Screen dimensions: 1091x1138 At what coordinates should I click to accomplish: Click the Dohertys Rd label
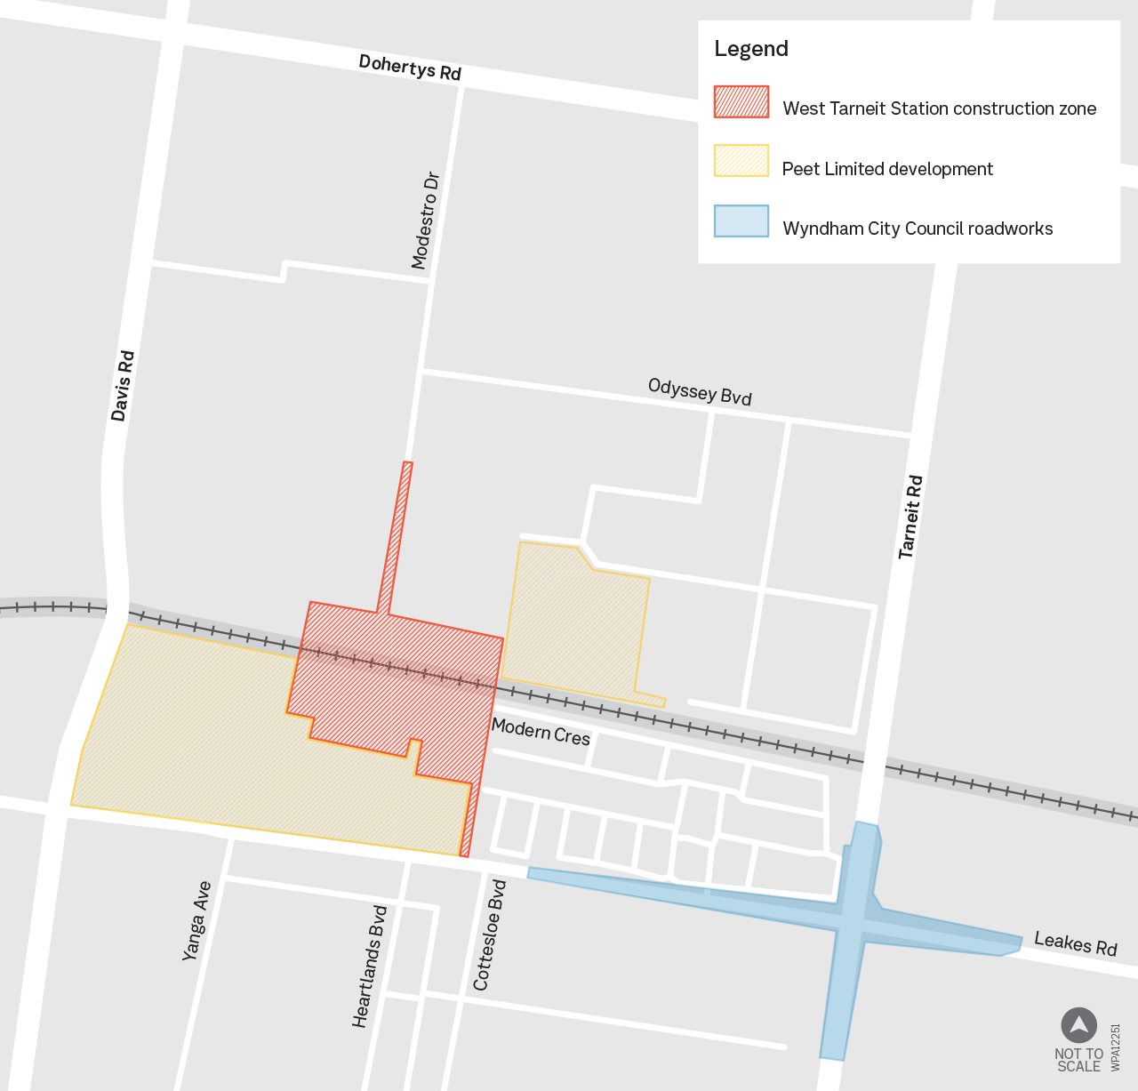click(410, 68)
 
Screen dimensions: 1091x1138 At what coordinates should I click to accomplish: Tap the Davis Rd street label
click(123, 386)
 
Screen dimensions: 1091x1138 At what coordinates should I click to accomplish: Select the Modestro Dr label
click(426, 221)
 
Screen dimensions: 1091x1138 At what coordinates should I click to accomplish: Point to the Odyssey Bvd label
click(700, 391)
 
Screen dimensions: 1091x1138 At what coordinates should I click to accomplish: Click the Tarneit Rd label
click(910, 517)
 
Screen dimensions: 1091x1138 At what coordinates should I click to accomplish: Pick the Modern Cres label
click(541, 732)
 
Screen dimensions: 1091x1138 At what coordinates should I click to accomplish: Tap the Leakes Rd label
click(1075, 943)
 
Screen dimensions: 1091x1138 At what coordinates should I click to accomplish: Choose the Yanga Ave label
click(196, 921)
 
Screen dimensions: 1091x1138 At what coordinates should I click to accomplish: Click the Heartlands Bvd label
click(371, 967)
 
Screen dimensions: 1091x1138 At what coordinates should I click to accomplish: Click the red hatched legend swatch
click(741, 102)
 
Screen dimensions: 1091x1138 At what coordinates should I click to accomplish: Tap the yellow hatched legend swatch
click(741, 162)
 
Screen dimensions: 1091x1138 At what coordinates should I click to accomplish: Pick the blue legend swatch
click(741, 221)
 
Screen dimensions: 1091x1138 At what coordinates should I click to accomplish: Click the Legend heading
click(751, 49)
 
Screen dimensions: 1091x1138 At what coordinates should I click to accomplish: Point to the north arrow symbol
click(1078, 1025)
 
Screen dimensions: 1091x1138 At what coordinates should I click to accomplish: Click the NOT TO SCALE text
click(1078, 1060)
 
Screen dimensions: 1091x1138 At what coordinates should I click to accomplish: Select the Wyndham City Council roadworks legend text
click(918, 229)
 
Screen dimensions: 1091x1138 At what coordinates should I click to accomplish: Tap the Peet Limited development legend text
click(887, 169)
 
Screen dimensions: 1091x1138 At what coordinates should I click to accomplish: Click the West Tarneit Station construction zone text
click(939, 108)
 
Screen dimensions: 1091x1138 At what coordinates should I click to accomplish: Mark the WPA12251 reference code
click(1116, 1047)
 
